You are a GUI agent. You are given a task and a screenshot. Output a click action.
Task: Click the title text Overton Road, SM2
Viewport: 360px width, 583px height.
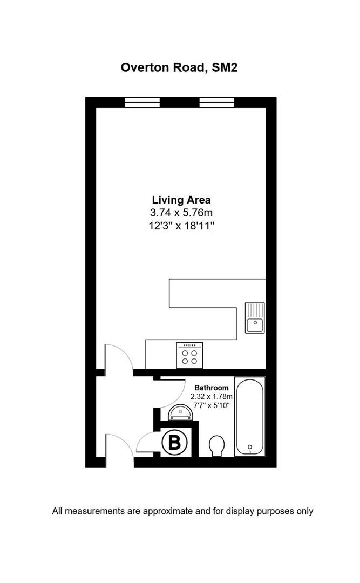(x=179, y=67)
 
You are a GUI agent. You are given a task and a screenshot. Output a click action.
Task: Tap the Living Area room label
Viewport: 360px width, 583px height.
(x=181, y=200)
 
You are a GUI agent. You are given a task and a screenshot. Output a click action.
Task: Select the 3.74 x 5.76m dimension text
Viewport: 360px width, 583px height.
(x=181, y=213)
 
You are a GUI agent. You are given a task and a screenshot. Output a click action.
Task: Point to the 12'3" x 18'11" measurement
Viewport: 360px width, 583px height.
(x=181, y=225)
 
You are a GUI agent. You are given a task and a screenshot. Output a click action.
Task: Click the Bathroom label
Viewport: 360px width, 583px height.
(x=211, y=388)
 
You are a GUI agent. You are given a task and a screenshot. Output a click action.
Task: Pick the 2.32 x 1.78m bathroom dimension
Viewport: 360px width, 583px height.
(x=211, y=396)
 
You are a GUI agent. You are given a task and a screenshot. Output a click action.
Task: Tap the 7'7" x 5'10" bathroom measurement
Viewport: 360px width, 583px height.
(x=211, y=405)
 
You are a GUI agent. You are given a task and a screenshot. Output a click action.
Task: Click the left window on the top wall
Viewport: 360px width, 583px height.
(x=142, y=102)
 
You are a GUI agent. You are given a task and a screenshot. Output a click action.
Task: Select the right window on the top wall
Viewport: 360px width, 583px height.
(x=216, y=102)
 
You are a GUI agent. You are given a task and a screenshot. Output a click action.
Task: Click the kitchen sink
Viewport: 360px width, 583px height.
(x=255, y=317)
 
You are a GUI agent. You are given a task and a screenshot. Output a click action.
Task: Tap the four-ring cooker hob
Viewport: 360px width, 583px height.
(x=189, y=355)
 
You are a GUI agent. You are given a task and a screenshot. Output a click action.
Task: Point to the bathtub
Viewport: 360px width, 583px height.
(x=249, y=417)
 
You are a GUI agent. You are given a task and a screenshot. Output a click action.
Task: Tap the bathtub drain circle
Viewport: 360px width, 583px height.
(x=250, y=446)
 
